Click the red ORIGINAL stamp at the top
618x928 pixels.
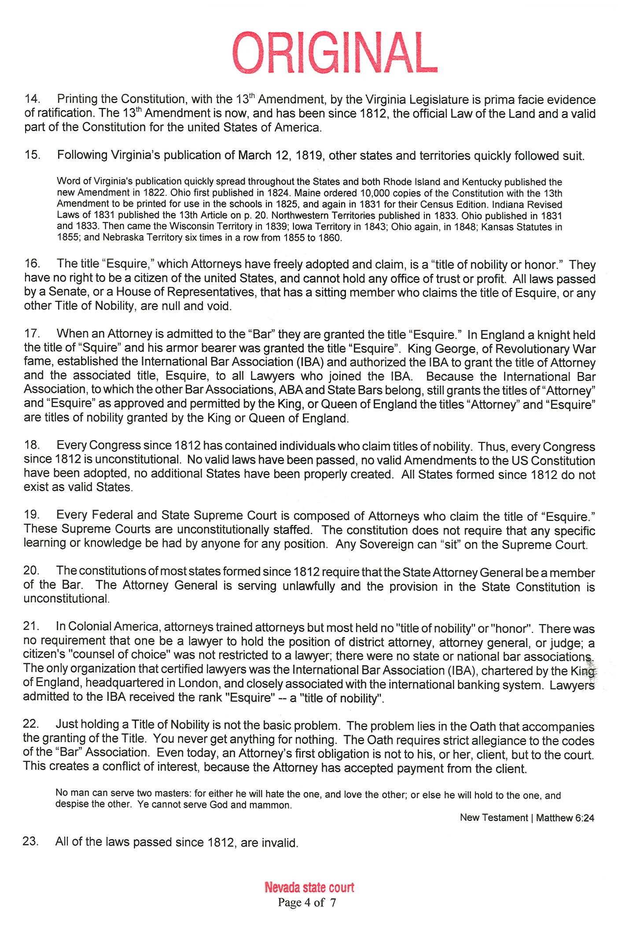(335, 52)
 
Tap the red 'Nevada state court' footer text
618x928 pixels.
(309, 887)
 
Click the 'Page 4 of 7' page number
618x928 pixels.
(307, 902)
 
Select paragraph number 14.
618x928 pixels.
(32, 99)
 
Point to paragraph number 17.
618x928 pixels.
(32, 334)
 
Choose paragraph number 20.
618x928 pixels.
(31, 571)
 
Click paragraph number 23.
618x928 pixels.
(30, 841)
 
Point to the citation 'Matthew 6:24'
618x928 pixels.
(565, 818)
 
